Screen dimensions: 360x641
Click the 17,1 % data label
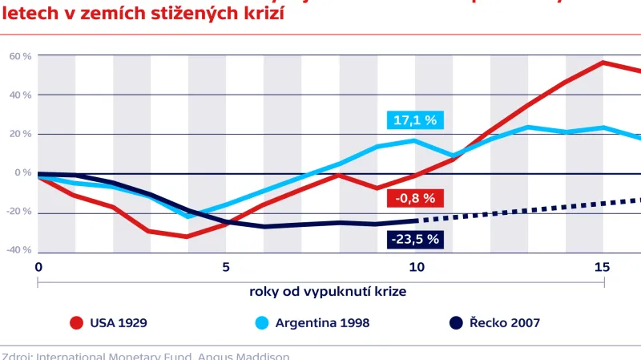415,121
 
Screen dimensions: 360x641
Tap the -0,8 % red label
414,198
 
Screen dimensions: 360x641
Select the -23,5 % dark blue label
415,239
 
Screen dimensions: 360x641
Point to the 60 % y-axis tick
20,56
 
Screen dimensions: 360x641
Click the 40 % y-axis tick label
20,95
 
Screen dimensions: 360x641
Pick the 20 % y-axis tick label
20,134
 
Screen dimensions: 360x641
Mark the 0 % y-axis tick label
22,172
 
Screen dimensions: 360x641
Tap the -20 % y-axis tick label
18,212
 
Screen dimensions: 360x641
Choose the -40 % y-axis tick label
18,250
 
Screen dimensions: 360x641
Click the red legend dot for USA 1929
77,323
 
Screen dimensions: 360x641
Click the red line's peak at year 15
603,63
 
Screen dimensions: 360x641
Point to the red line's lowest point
187,237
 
